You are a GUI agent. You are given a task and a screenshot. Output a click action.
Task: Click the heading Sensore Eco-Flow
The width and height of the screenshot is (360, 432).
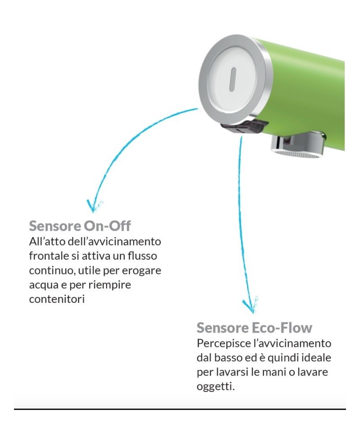pyautogui.click(x=254, y=327)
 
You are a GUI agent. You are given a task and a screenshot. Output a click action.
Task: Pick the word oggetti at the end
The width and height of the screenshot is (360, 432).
pyautogui.click(x=215, y=387)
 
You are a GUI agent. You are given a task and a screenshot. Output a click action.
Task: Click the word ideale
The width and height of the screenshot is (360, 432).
pyautogui.click(x=317, y=358)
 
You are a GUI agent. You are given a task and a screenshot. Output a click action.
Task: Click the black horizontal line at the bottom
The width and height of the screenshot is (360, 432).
pyautogui.click(x=180, y=409)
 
